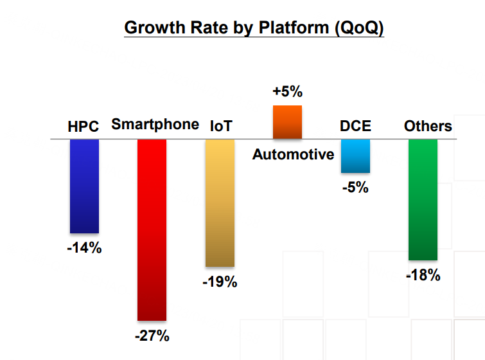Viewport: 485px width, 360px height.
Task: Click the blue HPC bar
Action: [84, 186]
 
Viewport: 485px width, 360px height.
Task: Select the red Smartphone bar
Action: [152, 230]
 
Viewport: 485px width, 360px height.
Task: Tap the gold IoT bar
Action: [220, 203]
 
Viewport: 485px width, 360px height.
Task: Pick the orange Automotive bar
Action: [287, 122]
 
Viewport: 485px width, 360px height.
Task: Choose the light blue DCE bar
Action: [355, 156]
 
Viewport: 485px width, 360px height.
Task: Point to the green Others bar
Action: [423, 199]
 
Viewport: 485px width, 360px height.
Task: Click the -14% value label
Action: [84, 248]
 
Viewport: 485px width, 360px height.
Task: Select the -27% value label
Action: [152, 335]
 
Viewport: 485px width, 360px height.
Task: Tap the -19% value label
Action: [220, 282]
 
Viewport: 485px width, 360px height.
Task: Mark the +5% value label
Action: [287, 92]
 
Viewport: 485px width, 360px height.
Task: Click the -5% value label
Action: [355, 188]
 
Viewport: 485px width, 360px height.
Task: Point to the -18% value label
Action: [423, 276]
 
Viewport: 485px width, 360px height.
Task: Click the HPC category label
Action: [84, 127]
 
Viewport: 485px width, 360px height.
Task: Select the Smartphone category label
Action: [155, 125]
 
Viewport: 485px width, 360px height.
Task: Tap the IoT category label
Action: [221, 127]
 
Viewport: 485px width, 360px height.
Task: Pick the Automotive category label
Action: [293, 154]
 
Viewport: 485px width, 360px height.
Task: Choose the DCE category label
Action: [355, 126]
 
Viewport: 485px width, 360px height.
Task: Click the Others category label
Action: [428, 126]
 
